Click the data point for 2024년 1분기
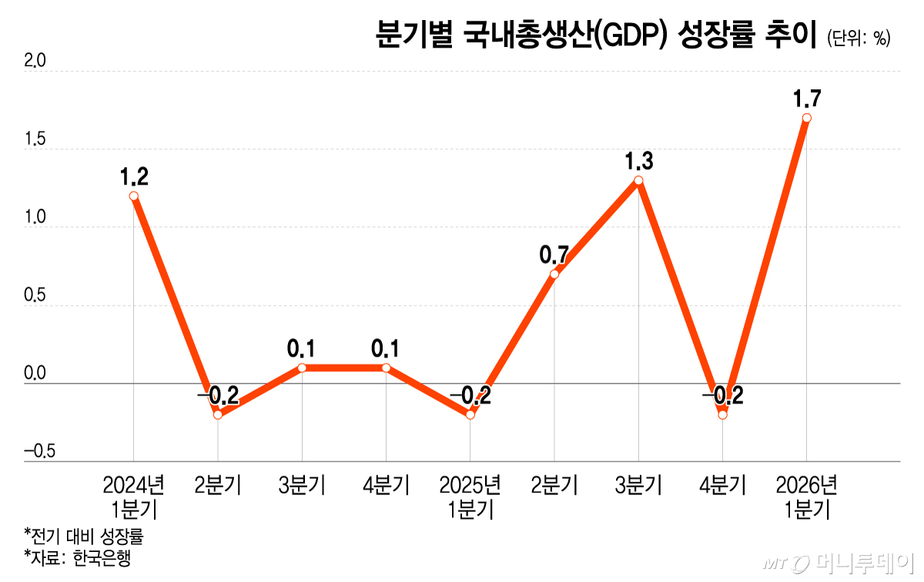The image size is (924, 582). (x=134, y=196)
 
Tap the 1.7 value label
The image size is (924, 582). (x=806, y=99)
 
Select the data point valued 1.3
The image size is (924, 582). (x=638, y=181)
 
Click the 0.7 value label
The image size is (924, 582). (x=554, y=254)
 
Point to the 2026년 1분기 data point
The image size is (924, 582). (x=806, y=118)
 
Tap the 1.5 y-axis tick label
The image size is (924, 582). (x=35, y=139)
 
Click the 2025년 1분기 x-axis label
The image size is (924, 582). (x=470, y=497)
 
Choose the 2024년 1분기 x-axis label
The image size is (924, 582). (x=134, y=497)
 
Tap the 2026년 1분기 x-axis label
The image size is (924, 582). (x=806, y=497)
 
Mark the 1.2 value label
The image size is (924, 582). (x=134, y=177)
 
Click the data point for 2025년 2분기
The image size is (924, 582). (x=554, y=274)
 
